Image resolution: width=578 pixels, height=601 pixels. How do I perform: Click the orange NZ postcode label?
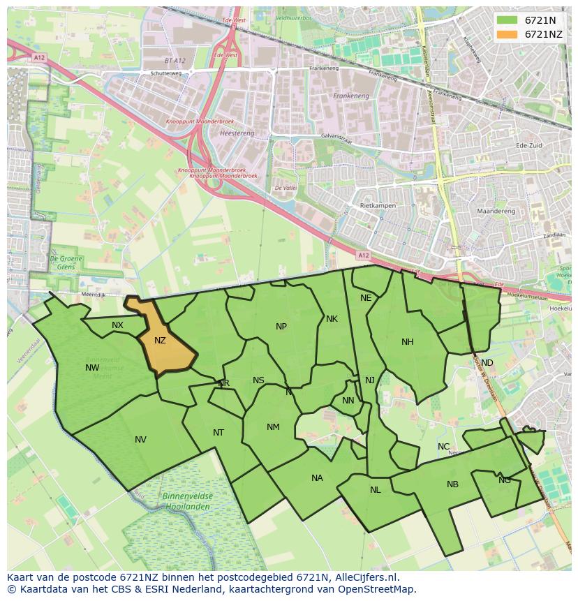click(x=160, y=341)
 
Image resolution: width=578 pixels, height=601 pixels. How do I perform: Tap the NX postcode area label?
click(x=117, y=325)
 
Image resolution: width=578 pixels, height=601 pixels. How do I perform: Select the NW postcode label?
click(x=92, y=368)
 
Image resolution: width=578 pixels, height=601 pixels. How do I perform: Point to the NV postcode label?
click(x=140, y=440)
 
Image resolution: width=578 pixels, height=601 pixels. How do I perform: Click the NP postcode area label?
click(x=281, y=327)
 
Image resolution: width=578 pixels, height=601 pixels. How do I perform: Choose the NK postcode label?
click(x=332, y=319)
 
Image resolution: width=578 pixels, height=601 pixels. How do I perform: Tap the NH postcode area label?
click(x=408, y=342)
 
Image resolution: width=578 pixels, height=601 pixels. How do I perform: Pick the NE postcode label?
click(x=366, y=298)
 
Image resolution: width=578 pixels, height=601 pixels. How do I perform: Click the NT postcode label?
click(x=218, y=433)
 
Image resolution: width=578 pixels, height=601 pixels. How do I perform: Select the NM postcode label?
click(x=273, y=427)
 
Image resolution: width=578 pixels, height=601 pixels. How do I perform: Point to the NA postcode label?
click(x=317, y=478)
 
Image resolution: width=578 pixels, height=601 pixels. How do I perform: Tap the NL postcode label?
click(x=376, y=490)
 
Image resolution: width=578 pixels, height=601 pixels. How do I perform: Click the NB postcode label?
click(x=452, y=484)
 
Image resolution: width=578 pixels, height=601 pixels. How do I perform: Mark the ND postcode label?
click(x=487, y=363)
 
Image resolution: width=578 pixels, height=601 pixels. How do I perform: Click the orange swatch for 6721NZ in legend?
click(x=507, y=34)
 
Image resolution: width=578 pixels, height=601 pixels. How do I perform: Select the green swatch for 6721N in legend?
click(x=507, y=20)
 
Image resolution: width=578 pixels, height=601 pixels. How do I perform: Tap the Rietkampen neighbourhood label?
click(x=378, y=207)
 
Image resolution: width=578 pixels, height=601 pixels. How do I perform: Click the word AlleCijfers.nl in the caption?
click(x=364, y=578)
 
